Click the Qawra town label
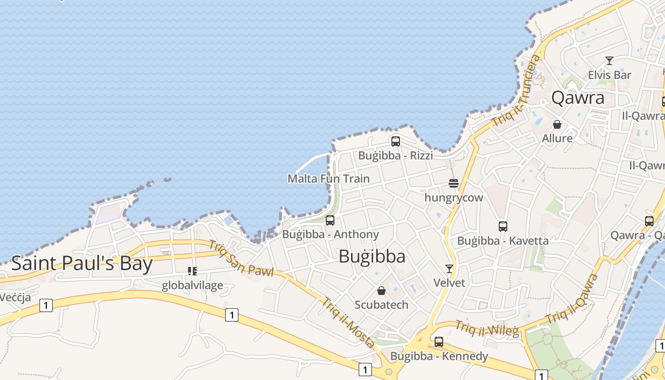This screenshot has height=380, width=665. (578, 98)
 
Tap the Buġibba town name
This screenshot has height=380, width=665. (372, 256)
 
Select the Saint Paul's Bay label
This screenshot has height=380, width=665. (82, 264)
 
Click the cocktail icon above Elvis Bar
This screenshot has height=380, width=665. (609, 61)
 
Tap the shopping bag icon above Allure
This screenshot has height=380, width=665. (557, 124)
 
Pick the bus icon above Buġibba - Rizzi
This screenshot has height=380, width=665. (395, 141)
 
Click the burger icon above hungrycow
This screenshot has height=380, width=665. (454, 183)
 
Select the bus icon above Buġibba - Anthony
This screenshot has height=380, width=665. (330, 220)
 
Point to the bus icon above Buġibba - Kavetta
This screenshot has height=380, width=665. (503, 227)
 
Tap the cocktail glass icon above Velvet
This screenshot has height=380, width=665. (449, 269)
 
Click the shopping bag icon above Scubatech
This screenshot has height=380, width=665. (381, 291)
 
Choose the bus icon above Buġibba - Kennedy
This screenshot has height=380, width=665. (439, 342)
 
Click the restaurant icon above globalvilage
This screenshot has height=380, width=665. (192, 271)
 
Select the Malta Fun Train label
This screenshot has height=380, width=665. (328, 179)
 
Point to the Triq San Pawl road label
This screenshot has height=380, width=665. (241, 258)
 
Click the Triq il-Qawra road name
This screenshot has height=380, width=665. (572, 299)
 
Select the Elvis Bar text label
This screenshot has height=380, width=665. (609, 75)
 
